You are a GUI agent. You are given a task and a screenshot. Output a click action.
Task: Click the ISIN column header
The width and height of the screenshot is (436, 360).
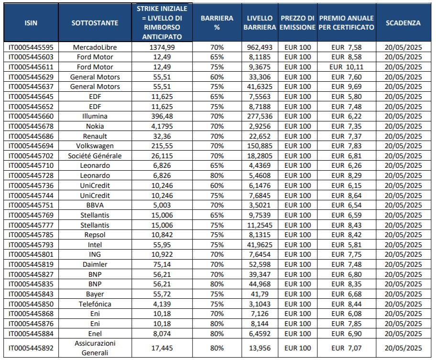31,23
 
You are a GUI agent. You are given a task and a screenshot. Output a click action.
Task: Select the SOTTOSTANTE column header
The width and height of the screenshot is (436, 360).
95,23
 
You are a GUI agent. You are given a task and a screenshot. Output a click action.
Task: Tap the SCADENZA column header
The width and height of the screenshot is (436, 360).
403,23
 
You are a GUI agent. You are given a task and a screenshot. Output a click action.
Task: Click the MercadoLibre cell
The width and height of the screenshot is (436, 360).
95,47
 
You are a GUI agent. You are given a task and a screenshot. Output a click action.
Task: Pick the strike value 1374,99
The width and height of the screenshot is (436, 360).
162,47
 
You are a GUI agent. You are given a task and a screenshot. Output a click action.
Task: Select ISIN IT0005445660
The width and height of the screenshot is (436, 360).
31,116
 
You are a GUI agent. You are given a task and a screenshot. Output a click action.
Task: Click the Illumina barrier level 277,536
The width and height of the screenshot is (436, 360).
260,116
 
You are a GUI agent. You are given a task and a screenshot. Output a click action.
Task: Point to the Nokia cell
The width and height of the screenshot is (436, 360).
95,126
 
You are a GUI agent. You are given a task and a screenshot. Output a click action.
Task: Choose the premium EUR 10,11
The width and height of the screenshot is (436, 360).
346,67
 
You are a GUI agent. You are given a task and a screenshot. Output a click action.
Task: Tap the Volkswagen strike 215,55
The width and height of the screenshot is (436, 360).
162,146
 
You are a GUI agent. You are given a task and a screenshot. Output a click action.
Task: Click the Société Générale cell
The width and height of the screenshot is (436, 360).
95,156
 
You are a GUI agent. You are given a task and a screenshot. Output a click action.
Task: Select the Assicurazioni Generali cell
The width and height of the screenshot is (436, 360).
95,348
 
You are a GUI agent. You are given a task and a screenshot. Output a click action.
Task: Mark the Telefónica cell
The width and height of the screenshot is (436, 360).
95,304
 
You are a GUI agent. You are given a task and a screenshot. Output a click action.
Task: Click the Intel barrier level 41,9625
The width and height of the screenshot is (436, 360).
260,245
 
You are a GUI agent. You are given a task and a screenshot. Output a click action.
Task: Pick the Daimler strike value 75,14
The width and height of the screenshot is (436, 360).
162,264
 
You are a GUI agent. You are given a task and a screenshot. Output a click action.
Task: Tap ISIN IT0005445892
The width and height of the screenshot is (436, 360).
31,348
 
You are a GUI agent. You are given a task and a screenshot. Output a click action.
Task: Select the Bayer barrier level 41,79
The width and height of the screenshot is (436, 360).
260,294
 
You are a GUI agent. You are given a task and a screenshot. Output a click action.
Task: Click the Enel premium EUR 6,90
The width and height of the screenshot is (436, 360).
346,334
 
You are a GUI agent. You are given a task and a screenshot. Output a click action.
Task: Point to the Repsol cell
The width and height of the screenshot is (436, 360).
95,235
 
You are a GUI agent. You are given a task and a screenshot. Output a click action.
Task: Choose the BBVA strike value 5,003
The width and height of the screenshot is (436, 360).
162,205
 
